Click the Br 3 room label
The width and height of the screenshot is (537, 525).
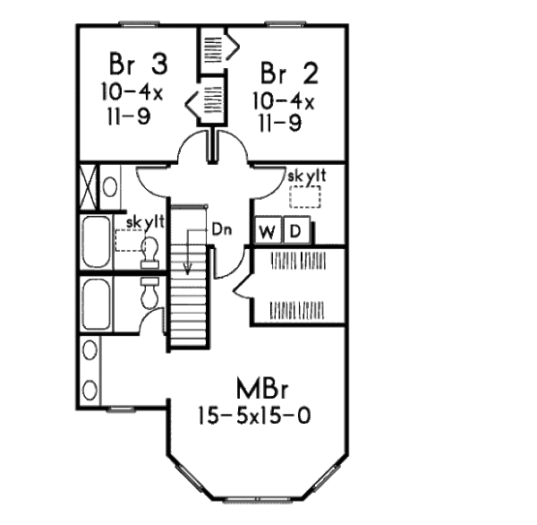(x=139, y=64)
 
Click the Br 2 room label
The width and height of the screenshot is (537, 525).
(x=289, y=73)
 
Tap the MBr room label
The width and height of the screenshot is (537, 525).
(x=262, y=388)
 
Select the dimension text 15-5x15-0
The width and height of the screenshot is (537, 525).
(x=254, y=417)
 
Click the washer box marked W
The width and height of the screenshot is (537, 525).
(x=268, y=230)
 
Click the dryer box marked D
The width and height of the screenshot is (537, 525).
(x=296, y=230)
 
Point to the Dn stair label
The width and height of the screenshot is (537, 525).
(x=222, y=229)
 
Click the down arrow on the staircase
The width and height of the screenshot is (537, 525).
(x=187, y=252)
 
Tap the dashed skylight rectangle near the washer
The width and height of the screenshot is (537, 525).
(x=305, y=197)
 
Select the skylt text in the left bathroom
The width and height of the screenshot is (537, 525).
(x=145, y=222)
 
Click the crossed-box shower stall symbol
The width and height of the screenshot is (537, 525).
(x=89, y=187)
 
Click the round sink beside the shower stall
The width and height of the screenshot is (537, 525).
(x=109, y=187)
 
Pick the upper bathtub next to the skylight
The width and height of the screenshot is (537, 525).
(x=97, y=242)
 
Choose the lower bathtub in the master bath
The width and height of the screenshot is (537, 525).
(x=97, y=304)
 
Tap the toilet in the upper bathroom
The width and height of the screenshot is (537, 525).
(x=150, y=253)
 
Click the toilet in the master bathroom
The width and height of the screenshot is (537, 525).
(x=150, y=292)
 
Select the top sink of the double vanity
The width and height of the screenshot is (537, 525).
(x=89, y=349)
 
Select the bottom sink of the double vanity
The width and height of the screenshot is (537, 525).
(x=89, y=390)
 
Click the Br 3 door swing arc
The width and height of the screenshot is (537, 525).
(x=193, y=141)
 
